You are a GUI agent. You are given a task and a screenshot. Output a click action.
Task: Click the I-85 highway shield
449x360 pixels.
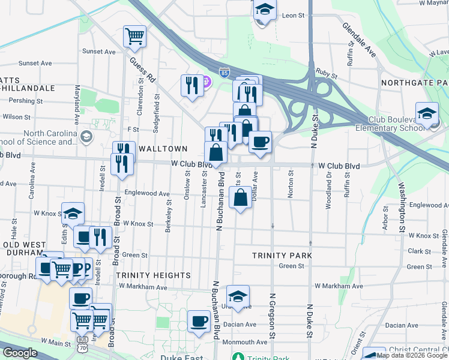223,72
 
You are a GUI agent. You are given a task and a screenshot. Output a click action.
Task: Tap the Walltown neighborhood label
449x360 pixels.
164,148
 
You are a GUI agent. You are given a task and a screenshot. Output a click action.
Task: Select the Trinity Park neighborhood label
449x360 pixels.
282,256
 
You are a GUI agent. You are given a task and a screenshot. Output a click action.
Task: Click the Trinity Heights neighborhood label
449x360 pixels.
153,275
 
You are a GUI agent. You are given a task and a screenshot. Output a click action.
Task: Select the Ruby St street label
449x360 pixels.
327,76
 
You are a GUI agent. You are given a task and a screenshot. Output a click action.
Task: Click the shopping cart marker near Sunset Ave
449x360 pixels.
134,35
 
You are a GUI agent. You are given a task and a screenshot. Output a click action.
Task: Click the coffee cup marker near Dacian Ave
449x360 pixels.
199,320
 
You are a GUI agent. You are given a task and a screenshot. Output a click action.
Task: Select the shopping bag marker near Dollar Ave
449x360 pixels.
240,197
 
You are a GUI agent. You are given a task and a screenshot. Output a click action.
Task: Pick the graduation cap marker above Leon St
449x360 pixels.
264,10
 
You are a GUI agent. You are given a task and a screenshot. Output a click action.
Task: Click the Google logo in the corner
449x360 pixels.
20,353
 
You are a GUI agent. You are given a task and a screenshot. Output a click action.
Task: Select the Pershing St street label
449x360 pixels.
22,101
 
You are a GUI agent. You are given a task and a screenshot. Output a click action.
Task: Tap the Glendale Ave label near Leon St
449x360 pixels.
360,41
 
